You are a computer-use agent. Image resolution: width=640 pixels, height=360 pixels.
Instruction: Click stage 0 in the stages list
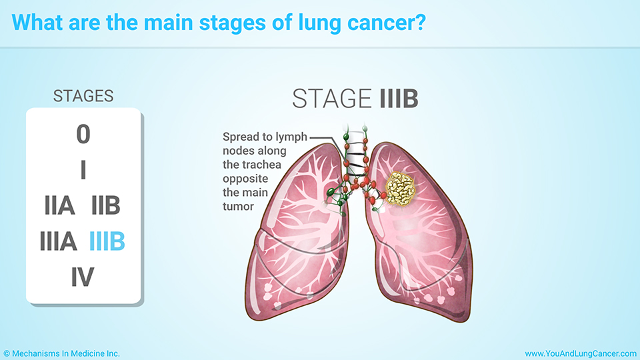click(x=83, y=134)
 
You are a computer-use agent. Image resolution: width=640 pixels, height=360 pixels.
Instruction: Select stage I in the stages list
click(x=83, y=170)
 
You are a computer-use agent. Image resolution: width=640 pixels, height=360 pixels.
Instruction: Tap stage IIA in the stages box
click(x=59, y=205)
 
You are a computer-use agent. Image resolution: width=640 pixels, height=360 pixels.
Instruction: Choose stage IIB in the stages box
click(x=106, y=205)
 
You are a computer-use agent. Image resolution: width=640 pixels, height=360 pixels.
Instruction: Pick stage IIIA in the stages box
click(x=59, y=241)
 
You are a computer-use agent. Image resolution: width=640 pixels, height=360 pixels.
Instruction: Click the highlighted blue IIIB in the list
click(x=107, y=241)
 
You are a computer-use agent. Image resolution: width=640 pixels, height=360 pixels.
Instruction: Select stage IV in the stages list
click(x=83, y=277)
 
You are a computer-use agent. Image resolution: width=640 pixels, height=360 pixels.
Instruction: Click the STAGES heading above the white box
click(x=83, y=96)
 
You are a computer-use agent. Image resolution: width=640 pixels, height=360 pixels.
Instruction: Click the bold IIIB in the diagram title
click(x=399, y=99)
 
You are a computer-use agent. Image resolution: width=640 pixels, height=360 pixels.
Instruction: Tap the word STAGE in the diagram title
click(x=331, y=99)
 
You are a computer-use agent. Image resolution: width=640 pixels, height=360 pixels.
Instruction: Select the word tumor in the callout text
click(x=239, y=207)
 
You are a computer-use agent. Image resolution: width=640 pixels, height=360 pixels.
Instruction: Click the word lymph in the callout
click(x=291, y=137)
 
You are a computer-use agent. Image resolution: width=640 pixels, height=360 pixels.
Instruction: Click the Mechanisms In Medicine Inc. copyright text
click(x=61, y=353)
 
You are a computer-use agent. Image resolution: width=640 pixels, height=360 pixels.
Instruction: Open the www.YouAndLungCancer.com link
click(x=581, y=353)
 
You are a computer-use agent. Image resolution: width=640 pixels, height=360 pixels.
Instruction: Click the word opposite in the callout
click(x=245, y=179)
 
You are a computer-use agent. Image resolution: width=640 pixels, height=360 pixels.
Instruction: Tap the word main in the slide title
click(x=169, y=23)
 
